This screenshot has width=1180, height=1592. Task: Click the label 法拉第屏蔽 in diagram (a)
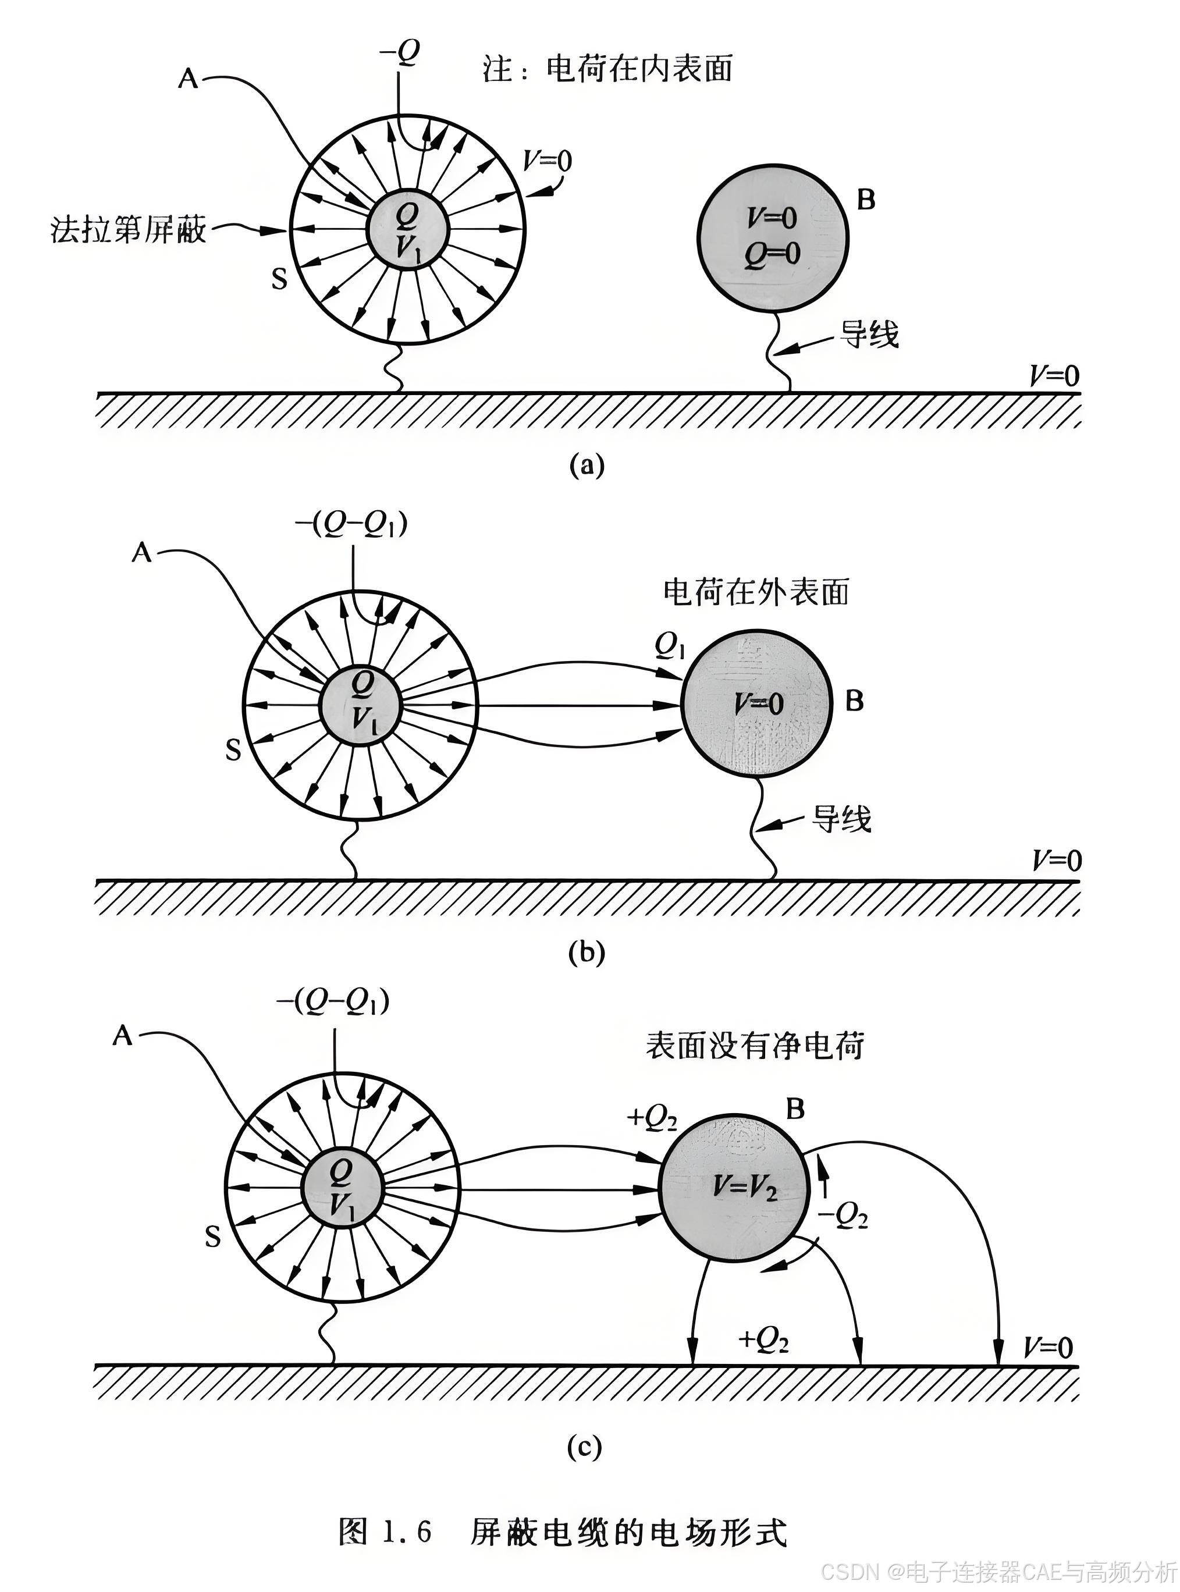tap(129, 230)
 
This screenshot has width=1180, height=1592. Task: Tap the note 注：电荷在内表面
tap(607, 69)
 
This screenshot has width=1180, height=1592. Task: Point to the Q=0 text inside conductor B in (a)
tap(772, 254)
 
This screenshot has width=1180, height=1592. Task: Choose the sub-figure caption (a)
tap(587, 465)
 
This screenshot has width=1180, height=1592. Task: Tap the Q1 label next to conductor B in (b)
tap(670, 646)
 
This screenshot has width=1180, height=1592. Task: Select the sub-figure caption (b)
tap(587, 953)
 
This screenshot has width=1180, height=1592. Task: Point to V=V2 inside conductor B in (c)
tap(744, 1186)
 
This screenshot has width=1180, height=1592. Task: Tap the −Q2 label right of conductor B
tap(844, 1216)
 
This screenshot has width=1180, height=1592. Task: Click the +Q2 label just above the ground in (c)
tap(763, 1341)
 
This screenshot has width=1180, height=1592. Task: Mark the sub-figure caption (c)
tap(584, 1447)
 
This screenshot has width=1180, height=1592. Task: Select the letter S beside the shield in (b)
tap(233, 751)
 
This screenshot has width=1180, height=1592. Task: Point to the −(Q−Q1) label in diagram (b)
tap(351, 525)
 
